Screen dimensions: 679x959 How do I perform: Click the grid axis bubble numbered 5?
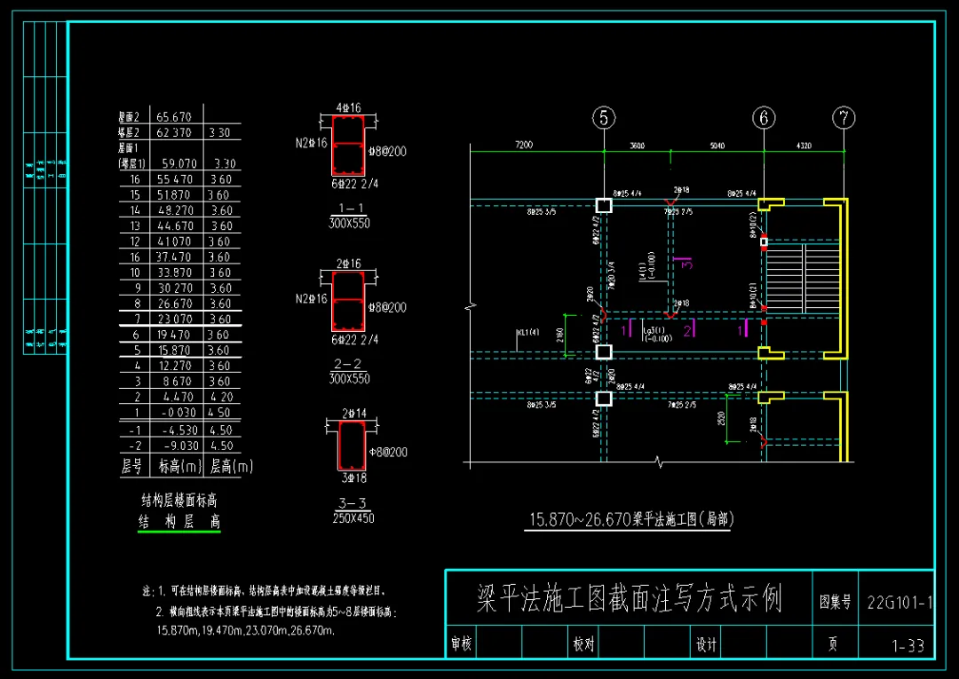[x=604, y=117]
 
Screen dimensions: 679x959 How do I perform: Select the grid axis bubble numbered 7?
[x=844, y=117]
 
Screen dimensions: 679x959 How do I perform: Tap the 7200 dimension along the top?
[x=524, y=145]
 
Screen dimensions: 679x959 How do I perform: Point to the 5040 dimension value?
[x=714, y=145]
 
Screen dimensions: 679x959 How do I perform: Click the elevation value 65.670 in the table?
[x=174, y=116]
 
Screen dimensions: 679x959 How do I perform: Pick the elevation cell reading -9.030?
[x=178, y=446]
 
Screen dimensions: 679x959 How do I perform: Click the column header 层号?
[x=131, y=466]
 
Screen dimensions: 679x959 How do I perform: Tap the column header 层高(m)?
[x=231, y=466]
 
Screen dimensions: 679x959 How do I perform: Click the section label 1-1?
[x=349, y=209]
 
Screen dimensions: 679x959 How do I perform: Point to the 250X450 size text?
[x=353, y=517]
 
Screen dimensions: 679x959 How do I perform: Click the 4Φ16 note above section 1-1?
[x=348, y=108]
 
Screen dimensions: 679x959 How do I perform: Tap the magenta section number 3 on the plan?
[x=686, y=263]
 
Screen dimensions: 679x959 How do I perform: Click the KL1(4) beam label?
[x=528, y=332]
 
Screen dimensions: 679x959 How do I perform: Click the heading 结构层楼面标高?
[x=179, y=501]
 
